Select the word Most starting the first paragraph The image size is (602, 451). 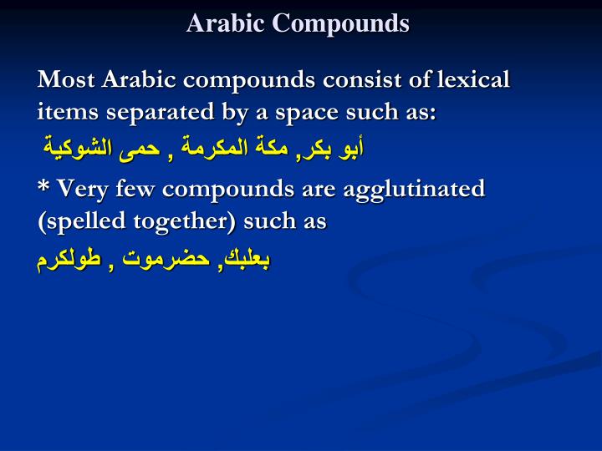tap(66, 80)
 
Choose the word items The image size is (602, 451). tap(63, 112)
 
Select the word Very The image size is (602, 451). tap(80, 189)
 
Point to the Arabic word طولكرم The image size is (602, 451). tap(68, 259)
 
